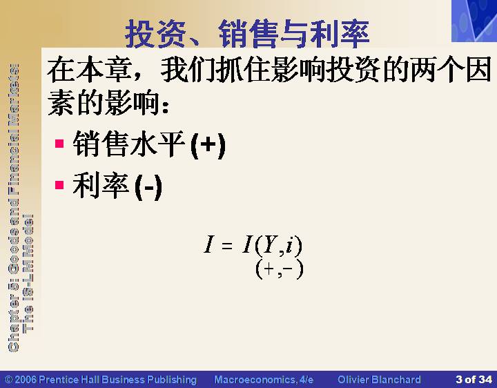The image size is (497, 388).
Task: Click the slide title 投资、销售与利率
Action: pos(247,34)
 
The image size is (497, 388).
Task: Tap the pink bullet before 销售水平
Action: pos(59,144)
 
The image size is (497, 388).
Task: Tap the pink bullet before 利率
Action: pos(59,185)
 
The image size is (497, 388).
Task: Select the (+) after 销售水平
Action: pos(208,146)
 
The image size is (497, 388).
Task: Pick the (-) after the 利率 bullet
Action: pos(148,187)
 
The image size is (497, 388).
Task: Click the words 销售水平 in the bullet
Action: pos(129,144)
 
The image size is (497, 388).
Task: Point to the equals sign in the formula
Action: pos(227,245)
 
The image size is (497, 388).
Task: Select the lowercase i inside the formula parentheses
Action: pos(289,245)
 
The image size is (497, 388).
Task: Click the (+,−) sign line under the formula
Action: pos(280,269)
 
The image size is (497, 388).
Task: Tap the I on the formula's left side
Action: pos(208,244)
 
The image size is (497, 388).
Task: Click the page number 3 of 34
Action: pos(474,380)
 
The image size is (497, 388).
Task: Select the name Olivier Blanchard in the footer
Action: pos(379,380)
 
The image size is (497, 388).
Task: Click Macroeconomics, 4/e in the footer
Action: pos(264,380)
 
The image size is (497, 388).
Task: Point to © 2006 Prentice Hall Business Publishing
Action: pos(101,380)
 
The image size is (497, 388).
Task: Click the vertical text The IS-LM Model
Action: pos(28,273)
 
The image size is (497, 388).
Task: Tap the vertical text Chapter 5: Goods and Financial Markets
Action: pos(13,208)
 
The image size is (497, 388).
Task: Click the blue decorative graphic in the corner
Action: pos(474,21)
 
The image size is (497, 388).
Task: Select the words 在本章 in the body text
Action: pos(89,69)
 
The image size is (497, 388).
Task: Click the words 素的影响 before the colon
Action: pos(103,101)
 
